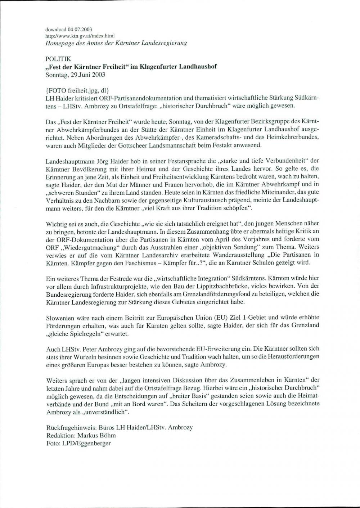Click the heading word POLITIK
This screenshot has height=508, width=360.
click(58, 58)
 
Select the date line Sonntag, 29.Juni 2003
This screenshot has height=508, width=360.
click(76, 75)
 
